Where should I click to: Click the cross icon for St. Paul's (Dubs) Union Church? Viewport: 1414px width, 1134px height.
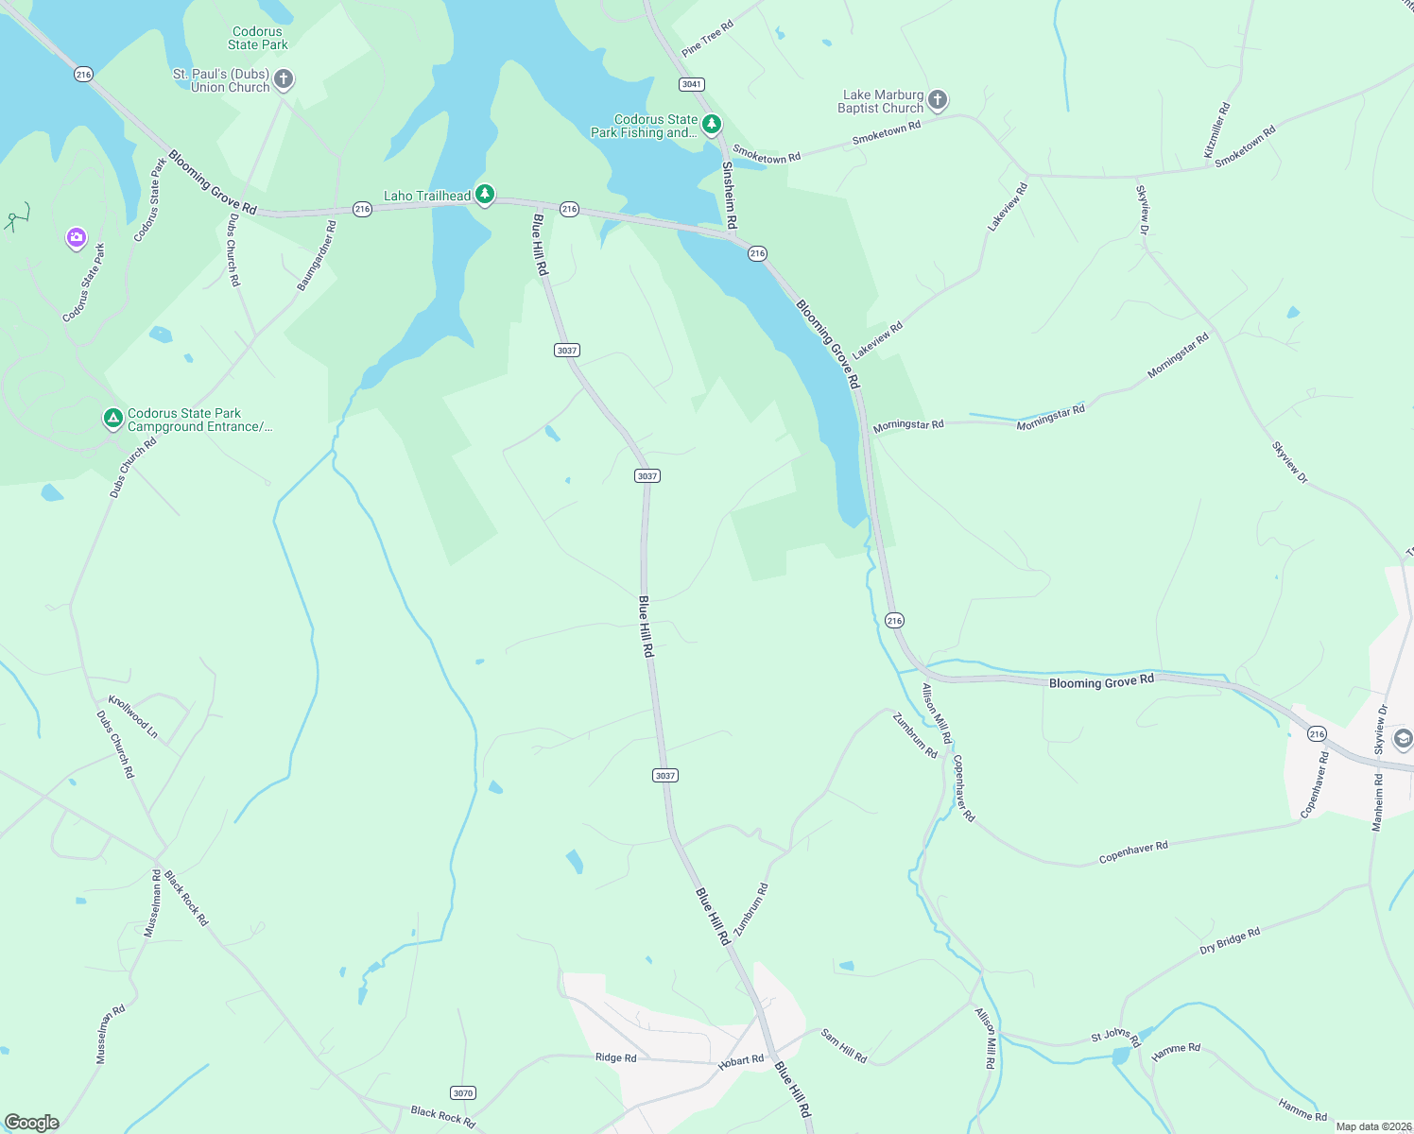click(x=284, y=79)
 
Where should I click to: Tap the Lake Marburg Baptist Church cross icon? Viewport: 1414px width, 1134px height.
click(x=937, y=100)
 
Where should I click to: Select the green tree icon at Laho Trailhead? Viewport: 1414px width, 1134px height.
click(x=485, y=195)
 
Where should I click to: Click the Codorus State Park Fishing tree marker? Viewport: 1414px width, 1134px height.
click(x=712, y=124)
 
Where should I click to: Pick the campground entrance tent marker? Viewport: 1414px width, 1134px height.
click(x=112, y=418)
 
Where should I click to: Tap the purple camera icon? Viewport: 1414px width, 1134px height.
click(x=77, y=237)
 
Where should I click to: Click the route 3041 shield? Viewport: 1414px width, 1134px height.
click(x=691, y=84)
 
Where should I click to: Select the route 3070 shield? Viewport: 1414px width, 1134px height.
click(x=462, y=1093)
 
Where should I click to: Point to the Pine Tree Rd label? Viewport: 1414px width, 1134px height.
click(x=707, y=39)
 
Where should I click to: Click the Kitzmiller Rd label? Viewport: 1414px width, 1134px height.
click(x=1216, y=130)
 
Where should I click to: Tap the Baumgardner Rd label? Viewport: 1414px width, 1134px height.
click(x=317, y=255)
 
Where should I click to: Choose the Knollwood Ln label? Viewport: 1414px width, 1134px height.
click(x=133, y=716)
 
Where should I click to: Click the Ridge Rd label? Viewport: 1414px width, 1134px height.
click(x=615, y=1057)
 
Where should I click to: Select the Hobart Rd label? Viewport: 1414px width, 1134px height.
click(x=740, y=1061)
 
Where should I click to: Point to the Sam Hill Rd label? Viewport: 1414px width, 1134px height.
click(x=843, y=1046)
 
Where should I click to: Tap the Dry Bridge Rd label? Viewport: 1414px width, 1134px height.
click(x=1230, y=940)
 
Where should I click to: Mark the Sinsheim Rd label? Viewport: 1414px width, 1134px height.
click(x=729, y=195)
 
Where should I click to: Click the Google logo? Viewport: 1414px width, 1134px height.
click(x=32, y=1123)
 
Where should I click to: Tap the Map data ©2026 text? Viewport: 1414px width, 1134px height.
click(x=1371, y=1126)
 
